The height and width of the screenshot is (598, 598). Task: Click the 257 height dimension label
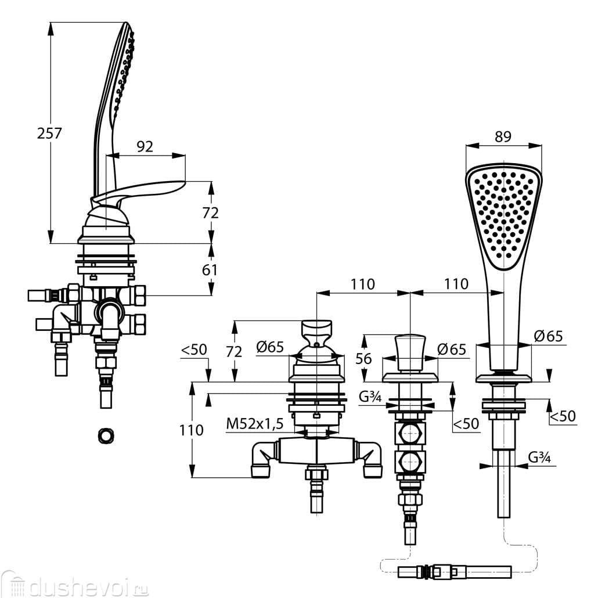tap(49, 133)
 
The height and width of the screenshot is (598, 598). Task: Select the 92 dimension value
tap(145, 146)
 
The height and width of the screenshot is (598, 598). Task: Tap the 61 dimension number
tap(210, 270)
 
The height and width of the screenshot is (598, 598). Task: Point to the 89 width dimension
tap(503, 136)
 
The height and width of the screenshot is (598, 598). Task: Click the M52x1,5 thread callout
tap(255, 423)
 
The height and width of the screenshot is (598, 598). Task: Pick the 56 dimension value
tap(363, 358)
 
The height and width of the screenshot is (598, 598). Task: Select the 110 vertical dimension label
tap(192, 430)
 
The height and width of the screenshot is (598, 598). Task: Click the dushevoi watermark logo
tap(75, 584)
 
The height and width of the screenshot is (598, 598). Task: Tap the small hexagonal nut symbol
tap(106, 435)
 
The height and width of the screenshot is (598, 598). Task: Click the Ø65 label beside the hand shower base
tap(549, 336)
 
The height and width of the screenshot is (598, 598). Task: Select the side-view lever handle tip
tap(185, 182)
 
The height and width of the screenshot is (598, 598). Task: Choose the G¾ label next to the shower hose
tap(539, 457)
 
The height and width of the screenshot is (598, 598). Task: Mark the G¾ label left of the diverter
tap(370, 397)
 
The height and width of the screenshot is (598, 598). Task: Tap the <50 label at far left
tap(194, 350)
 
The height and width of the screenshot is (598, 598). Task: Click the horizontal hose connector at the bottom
tap(455, 572)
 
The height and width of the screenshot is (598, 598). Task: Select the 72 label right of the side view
tap(211, 213)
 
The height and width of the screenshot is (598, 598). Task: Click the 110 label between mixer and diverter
tap(363, 284)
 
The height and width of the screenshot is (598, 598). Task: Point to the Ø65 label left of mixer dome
tap(271, 347)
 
